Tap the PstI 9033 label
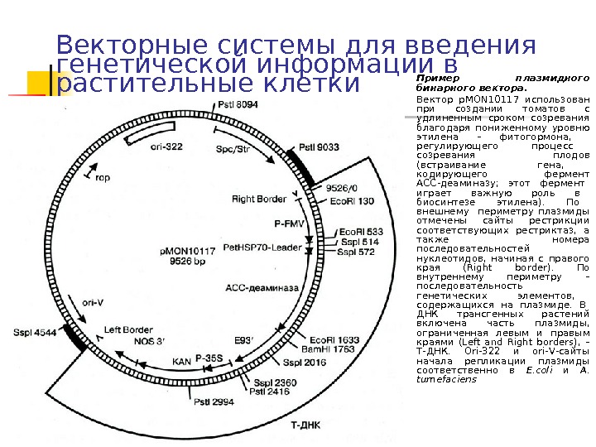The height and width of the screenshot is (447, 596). point(319,147)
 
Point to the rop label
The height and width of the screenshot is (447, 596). point(103,177)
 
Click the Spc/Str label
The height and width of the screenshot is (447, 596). point(233,150)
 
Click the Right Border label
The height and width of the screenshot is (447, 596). point(259,199)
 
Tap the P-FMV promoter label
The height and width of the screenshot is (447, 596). point(290,222)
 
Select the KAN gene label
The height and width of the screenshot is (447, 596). point(181,360)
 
